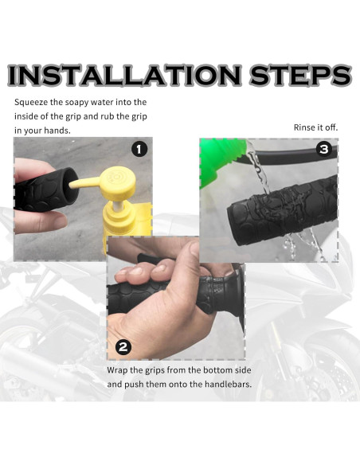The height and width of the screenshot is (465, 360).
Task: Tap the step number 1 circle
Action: pos(138,150)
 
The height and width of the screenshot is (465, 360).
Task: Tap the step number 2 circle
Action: pos(123,346)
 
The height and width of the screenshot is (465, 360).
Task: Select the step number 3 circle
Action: pos(323,150)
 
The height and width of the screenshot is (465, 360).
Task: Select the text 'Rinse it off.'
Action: pos(315,127)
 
